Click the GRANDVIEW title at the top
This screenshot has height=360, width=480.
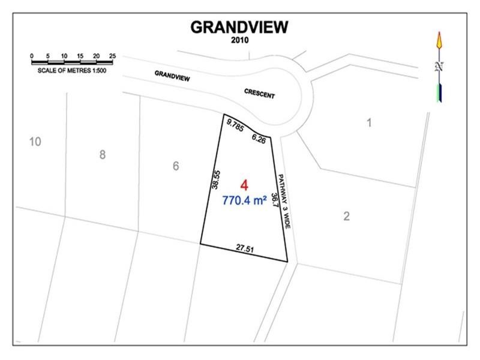tap(239, 27)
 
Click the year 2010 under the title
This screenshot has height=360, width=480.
tap(239, 41)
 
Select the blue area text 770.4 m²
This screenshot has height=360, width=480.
tap(244, 201)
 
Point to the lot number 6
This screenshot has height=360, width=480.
tap(176, 166)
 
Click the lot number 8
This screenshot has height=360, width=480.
tap(103, 155)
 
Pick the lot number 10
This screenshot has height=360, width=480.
tap(35, 142)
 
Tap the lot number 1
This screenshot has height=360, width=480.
tap(370, 123)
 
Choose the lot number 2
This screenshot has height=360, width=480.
tap(347, 216)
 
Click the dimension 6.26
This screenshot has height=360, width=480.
tap(259, 139)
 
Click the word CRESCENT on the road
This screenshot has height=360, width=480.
tap(259, 94)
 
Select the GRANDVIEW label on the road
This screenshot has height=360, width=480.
tap(172, 76)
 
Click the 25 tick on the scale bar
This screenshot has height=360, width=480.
tap(112, 56)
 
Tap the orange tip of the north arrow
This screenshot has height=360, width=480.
tap(440, 39)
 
